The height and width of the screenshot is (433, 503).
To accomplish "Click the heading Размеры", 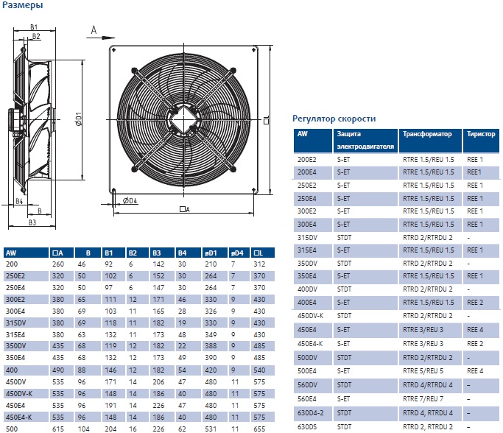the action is tap(22, 5).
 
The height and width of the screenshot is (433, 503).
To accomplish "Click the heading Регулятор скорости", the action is tap(334, 119).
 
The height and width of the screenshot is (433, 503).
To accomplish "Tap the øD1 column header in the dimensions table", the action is tap(211, 253).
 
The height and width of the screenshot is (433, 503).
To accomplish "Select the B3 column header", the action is tap(157, 253).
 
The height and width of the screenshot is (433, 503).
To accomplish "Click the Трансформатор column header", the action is tap(427, 134).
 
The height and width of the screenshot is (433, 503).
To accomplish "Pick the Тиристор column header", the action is tap(481, 134).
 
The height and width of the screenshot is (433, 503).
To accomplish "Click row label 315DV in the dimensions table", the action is tap(15, 323).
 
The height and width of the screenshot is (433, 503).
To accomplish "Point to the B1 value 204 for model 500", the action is tap(110, 429).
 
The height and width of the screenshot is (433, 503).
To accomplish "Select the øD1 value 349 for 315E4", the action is tap(211, 334).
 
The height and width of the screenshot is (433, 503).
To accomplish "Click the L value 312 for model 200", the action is tap(259, 264).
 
